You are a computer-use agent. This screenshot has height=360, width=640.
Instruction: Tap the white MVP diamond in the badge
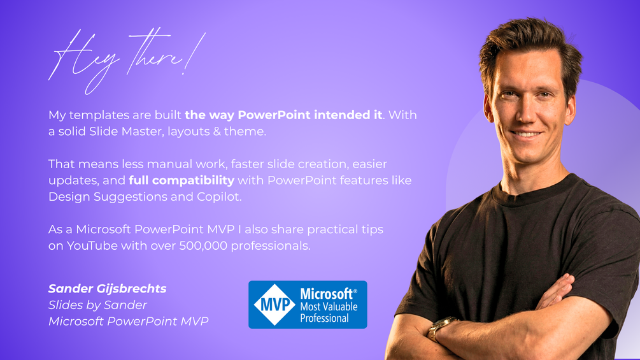click(274, 305)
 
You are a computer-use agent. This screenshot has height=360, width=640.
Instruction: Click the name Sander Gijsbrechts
click(108, 289)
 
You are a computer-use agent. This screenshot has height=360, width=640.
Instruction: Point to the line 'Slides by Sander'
click(97, 305)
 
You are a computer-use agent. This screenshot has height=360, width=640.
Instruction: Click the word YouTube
click(92, 246)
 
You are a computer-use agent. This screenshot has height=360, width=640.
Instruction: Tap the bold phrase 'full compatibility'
click(181, 180)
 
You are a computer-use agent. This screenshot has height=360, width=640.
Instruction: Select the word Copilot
click(219, 197)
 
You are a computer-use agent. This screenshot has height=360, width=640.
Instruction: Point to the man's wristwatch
click(440, 328)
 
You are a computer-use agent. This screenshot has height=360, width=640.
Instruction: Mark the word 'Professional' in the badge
click(325, 319)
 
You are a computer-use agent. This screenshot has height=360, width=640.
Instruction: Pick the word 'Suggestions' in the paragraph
click(131, 197)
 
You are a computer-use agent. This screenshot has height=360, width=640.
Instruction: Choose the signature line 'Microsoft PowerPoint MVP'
click(128, 321)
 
